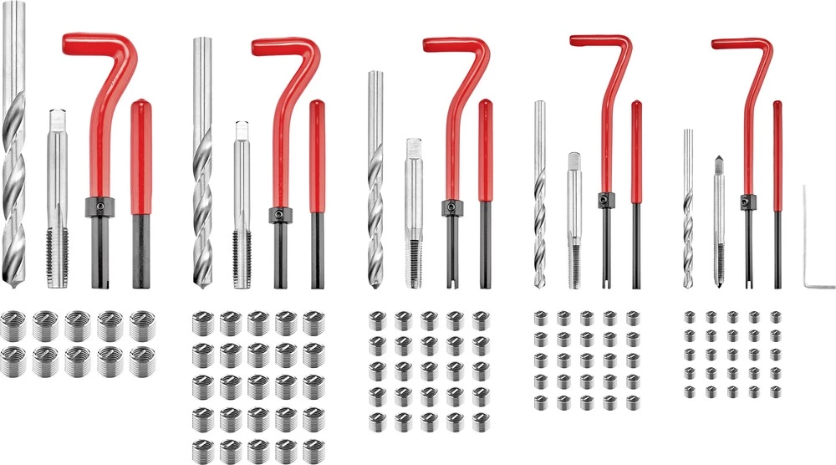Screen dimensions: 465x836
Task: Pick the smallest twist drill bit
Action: pyautogui.click(x=688, y=209)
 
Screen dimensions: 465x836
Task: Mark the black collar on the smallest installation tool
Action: pyautogui.click(x=747, y=201)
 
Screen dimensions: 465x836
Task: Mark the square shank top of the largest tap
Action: pyautogui.click(x=56, y=117)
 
